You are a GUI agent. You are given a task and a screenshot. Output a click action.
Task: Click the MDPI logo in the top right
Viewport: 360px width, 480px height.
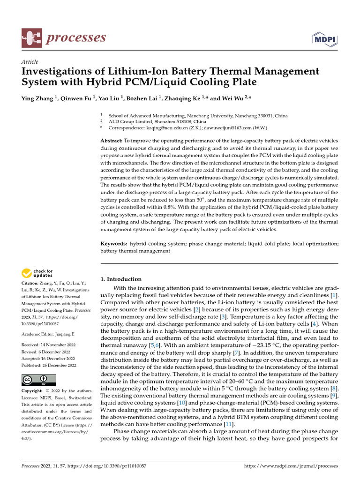click(327, 38)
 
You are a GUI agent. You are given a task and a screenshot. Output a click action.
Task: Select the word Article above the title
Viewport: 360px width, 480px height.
click(30, 62)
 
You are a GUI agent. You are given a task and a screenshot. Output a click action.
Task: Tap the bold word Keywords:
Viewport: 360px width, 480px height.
click(114, 244)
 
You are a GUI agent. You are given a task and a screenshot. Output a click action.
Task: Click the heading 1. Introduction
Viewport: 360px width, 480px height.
click(121, 279)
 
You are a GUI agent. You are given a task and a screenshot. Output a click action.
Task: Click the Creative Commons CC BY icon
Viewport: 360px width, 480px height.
click(38, 380)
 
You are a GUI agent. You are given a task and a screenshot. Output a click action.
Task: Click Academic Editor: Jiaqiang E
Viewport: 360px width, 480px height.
click(48, 334)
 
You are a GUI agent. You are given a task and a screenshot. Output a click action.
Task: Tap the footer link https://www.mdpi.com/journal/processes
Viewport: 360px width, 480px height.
click(291, 466)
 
